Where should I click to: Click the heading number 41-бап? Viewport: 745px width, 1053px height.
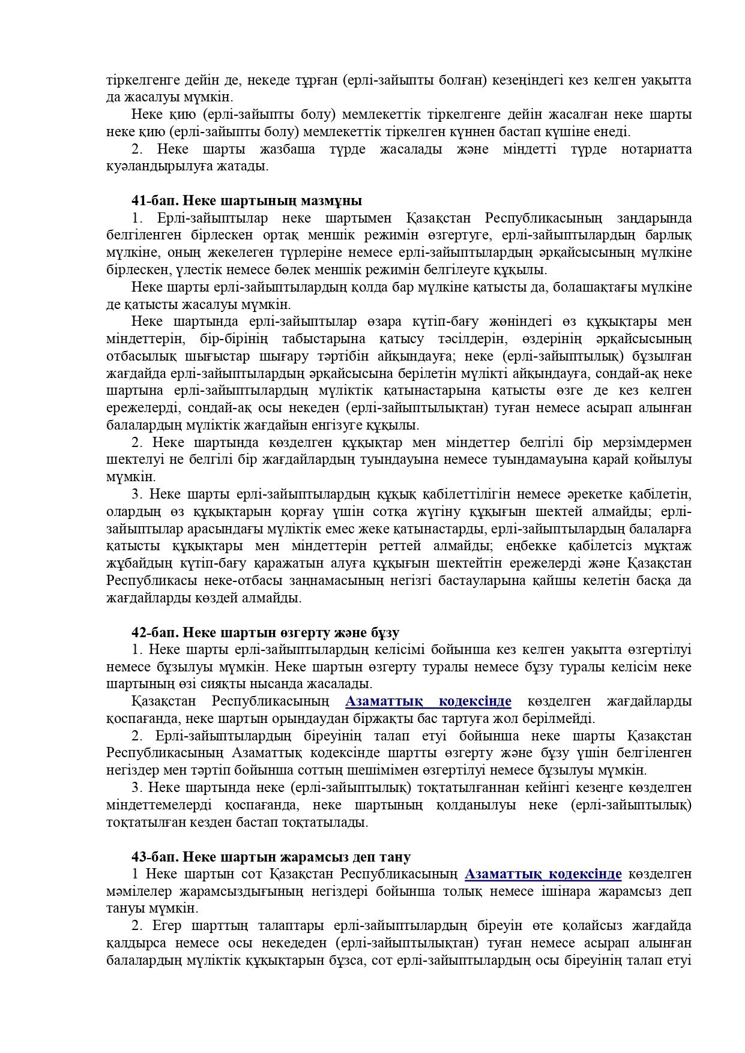(152, 200)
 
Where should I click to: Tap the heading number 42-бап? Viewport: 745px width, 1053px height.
(152, 632)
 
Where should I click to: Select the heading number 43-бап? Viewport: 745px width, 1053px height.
(152, 857)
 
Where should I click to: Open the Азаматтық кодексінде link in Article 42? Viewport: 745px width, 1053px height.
(429, 701)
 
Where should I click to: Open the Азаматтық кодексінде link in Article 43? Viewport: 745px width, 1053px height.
(543, 874)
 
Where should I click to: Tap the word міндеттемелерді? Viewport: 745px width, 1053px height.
(161, 805)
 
